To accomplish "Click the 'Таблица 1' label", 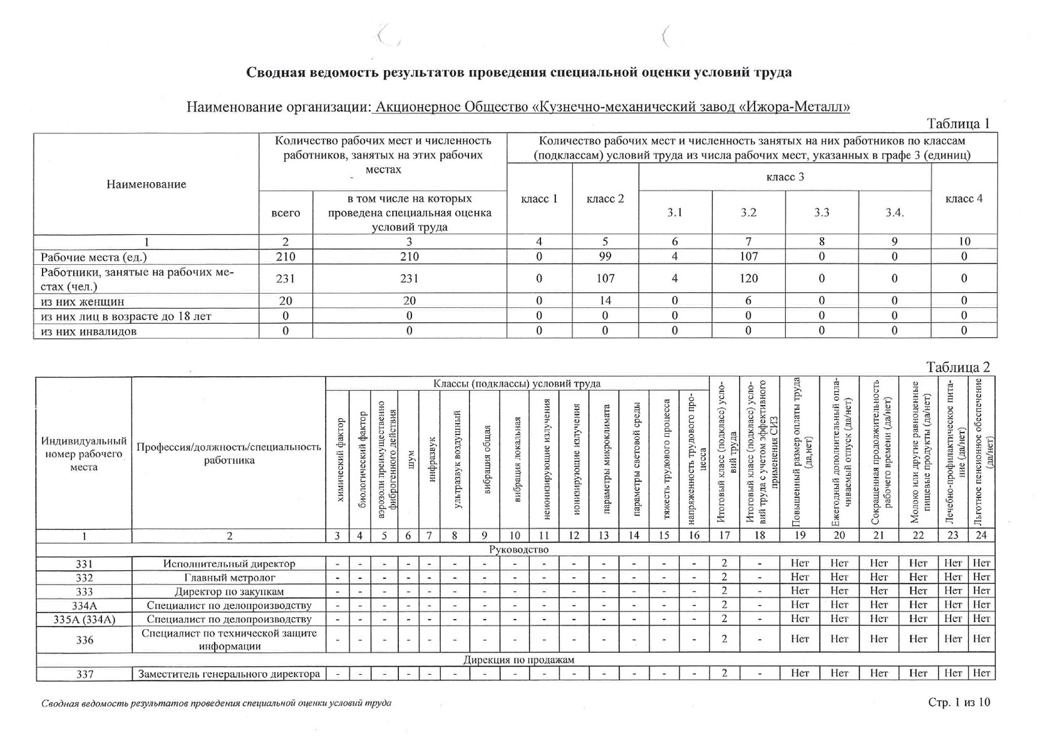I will pos(958,123).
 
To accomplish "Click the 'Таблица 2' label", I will pos(958,367).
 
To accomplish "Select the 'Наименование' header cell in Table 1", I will pos(146,184).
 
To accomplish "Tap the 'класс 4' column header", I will pos(964,198).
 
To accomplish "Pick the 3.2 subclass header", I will pos(748,213).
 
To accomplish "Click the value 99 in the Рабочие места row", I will pos(605,257).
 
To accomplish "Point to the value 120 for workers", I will pos(748,279).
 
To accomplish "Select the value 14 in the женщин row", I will pos(605,300).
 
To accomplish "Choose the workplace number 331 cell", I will pos(84,563).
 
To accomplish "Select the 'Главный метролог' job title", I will pos(229,577).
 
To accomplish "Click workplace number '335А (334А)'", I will pos(84,619).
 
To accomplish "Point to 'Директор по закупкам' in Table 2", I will pos(229,592).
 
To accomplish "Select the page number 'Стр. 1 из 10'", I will pos(959,702).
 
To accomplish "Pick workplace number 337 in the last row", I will pos(84,674).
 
